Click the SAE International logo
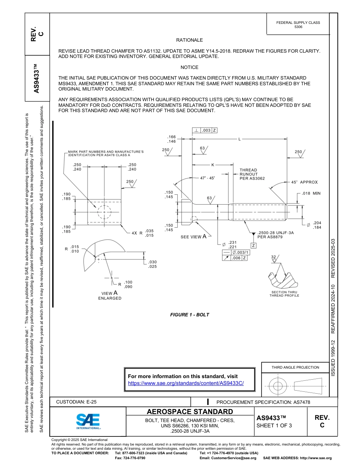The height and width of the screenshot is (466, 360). [x=88, y=421]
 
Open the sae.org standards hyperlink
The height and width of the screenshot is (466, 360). [x=186, y=383]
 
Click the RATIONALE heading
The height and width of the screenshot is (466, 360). [x=189, y=40]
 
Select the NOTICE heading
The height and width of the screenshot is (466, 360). [x=189, y=67]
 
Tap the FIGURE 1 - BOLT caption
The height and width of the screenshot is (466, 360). [x=189, y=315]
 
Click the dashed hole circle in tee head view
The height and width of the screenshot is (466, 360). [x=104, y=212]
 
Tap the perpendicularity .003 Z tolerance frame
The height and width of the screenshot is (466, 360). [x=205, y=130]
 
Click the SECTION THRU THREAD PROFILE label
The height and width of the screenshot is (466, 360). [x=284, y=294]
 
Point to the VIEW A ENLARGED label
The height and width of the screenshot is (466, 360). [x=110, y=296]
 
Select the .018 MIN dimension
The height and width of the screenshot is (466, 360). [x=311, y=193]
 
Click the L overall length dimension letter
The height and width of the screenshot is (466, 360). [x=239, y=139]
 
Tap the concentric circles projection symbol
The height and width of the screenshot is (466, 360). [x=278, y=386]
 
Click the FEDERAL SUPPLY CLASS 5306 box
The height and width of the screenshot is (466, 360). [x=298, y=25]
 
